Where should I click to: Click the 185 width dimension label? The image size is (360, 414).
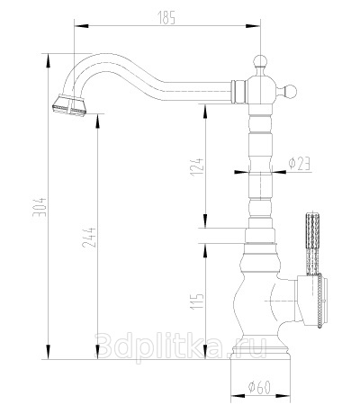point(166,18)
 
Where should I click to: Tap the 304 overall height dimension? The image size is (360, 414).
point(40,207)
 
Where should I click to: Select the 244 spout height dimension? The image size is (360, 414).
point(89,238)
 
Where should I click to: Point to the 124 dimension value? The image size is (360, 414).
point(198,166)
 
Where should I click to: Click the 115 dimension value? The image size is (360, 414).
point(198,301)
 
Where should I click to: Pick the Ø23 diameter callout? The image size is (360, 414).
point(299,164)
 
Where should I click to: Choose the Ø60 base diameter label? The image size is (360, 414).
point(259,387)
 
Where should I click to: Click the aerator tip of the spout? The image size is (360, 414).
point(69,104)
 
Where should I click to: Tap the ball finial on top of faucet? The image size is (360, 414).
point(260,61)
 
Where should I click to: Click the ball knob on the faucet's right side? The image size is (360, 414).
point(290,92)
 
